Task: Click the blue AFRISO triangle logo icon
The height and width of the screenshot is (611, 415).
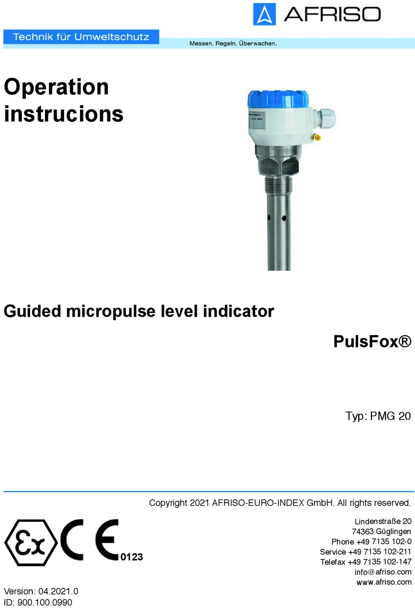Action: click(x=264, y=14)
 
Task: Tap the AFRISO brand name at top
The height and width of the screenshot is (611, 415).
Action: click(x=332, y=14)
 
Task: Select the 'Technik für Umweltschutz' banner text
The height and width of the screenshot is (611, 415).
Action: click(x=81, y=37)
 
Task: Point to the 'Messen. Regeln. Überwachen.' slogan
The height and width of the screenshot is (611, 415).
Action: click(x=233, y=43)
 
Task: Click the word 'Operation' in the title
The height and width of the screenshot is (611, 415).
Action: click(x=56, y=87)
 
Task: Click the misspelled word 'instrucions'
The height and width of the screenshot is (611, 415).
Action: click(x=64, y=113)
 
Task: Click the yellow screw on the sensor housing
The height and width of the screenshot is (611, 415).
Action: click(x=317, y=137)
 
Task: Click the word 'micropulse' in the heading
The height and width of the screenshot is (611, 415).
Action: click(x=111, y=311)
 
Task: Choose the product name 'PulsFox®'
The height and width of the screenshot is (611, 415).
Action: click(x=372, y=341)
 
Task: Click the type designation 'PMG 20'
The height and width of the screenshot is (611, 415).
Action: click(x=390, y=416)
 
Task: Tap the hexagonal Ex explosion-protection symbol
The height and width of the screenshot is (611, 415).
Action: click(x=31, y=543)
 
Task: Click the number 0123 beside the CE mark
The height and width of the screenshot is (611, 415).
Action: click(x=131, y=557)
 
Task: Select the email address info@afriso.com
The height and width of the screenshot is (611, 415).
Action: click(x=383, y=572)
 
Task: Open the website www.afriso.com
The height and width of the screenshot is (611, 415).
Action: click(x=384, y=582)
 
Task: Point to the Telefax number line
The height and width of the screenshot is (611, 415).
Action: click(x=366, y=562)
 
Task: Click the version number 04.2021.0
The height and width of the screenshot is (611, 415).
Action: click(x=58, y=591)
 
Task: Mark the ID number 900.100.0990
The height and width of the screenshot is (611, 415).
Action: click(x=45, y=602)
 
